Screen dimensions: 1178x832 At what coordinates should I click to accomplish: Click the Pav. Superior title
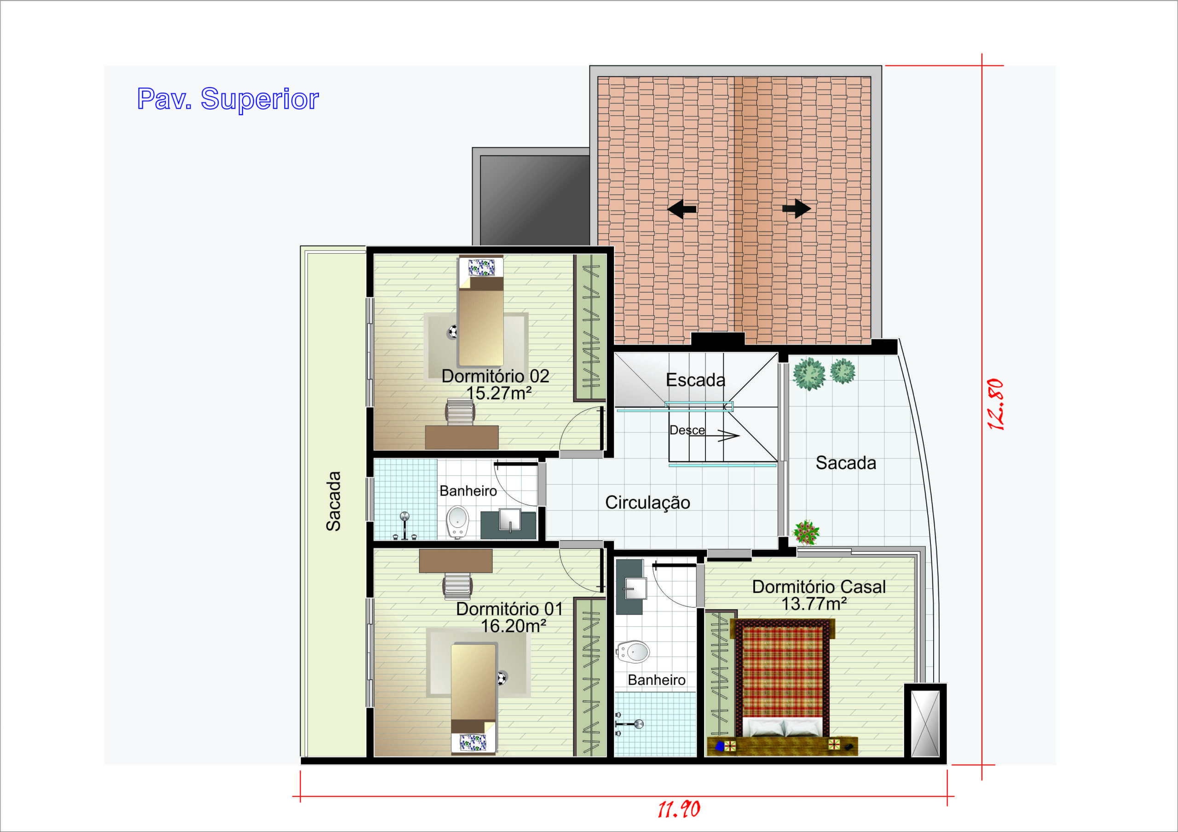pyautogui.click(x=228, y=99)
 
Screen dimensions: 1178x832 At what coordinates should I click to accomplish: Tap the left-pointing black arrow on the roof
pyautogui.click(x=682, y=209)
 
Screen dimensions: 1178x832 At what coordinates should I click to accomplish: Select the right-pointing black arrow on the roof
pyautogui.click(x=796, y=209)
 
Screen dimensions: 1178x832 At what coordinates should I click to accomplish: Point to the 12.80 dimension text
pyautogui.click(x=995, y=404)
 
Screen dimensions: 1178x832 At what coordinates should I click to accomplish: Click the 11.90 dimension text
pyautogui.click(x=679, y=810)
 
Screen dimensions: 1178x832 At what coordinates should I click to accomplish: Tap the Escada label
pyautogui.click(x=695, y=380)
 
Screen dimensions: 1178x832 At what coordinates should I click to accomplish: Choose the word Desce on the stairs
pyautogui.click(x=687, y=430)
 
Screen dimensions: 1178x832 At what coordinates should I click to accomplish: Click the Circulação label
pyautogui.click(x=647, y=502)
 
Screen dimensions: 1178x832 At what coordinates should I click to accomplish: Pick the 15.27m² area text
pyautogui.click(x=498, y=393)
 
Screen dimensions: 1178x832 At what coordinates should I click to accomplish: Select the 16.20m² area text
pyautogui.click(x=513, y=626)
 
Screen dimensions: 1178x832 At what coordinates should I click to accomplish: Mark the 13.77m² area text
pyautogui.click(x=814, y=604)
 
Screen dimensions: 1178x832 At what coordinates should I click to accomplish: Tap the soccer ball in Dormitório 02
pyautogui.click(x=452, y=332)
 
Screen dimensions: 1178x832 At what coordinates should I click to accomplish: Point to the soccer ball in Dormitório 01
pyautogui.click(x=501, y=678)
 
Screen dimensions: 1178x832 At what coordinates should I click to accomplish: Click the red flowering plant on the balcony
pyautogui.click(x=806, y=532)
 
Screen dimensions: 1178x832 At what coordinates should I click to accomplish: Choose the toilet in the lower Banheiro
pyautogui.click(x=633, y=652)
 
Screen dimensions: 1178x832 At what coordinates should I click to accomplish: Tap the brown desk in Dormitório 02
pyautogui.click(x=462, y=437)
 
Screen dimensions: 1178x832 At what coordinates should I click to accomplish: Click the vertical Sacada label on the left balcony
pyautogui.click(x=334, y=501)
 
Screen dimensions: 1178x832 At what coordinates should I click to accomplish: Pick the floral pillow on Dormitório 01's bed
pyautogui.click(x=473, y=742)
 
